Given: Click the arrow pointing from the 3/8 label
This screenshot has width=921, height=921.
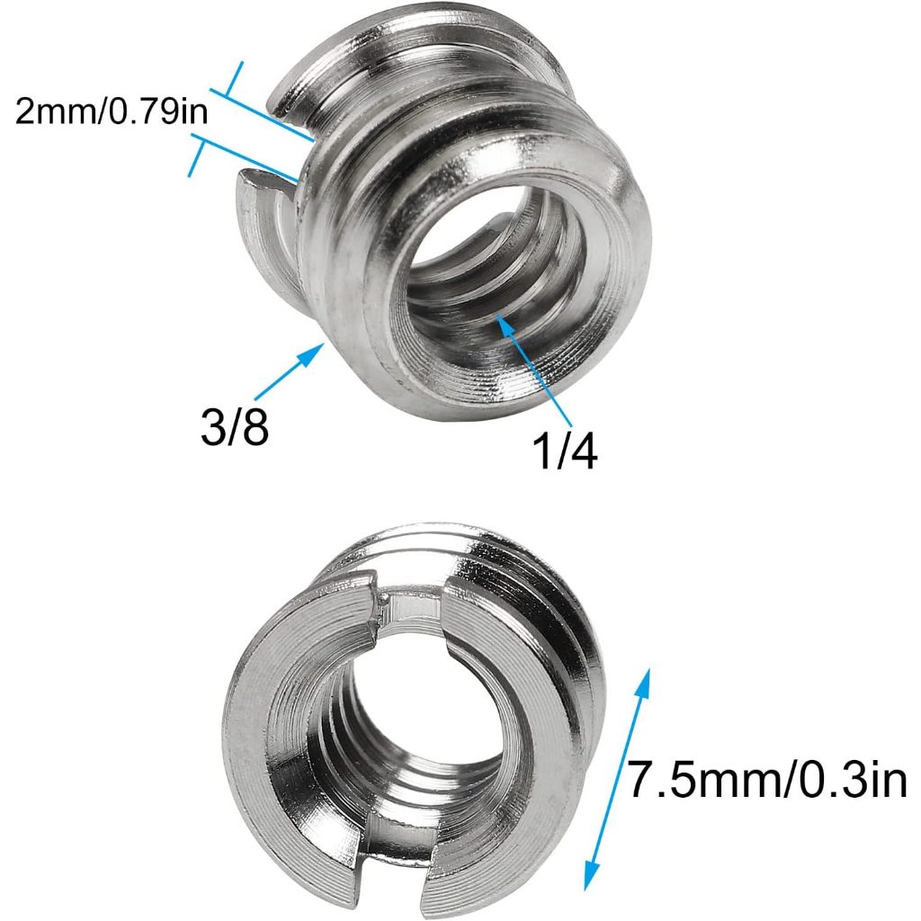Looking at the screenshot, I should [x=288, y=373].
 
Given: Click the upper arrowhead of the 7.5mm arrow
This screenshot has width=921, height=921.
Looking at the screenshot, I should [x=642, y=679].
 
